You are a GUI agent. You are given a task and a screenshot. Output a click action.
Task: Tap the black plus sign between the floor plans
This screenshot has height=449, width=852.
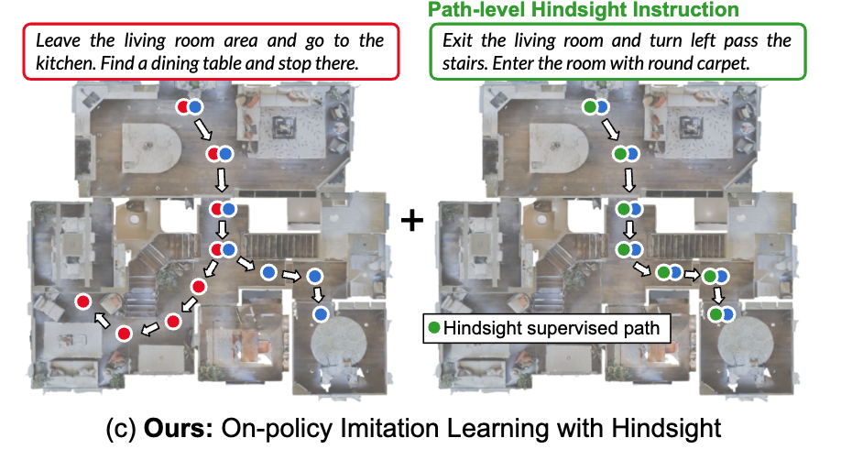click(x=414, y=220)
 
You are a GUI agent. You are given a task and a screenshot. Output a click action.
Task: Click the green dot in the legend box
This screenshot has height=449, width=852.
click(x=433, y=327)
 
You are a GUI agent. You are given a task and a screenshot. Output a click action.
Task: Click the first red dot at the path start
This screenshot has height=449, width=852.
click(x=183, y=107)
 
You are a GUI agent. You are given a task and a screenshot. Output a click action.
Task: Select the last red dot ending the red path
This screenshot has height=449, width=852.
click(x=82, y=301)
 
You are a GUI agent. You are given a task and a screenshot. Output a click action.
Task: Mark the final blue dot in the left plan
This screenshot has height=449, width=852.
click(x=322, y=314)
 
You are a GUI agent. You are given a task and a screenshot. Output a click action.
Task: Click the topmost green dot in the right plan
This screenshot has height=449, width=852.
click(x=591, y=107)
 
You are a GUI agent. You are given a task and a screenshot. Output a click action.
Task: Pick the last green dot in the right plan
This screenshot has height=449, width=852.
click(x=715, y=314)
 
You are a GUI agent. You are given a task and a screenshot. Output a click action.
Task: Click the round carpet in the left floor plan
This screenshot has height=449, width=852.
click(x=333, y=345)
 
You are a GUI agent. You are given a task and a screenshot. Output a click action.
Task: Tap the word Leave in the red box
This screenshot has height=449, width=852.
click(x=56, y=41)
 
